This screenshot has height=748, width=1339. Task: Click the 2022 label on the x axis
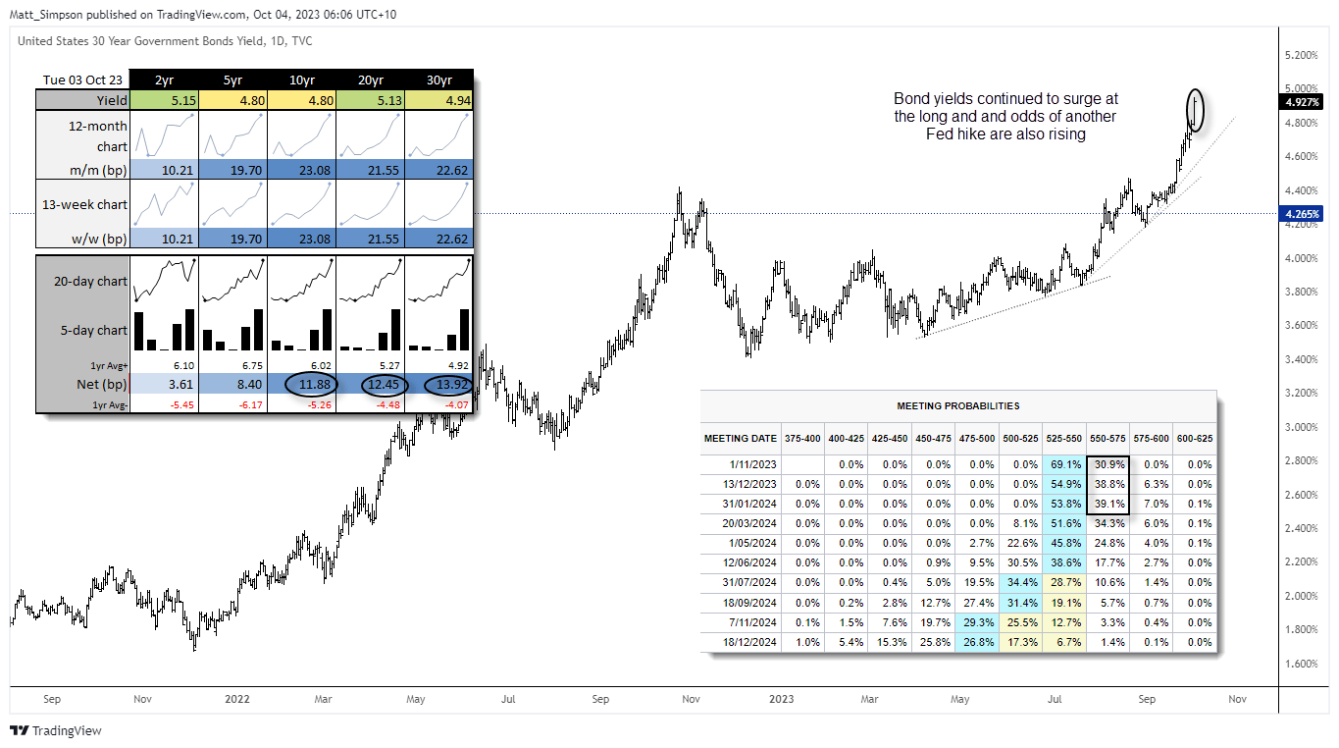[236, 700]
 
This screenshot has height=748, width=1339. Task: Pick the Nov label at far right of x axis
[1237, 700]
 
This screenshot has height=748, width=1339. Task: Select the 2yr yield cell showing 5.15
[164, 99]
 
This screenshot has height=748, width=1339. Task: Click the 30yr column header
[438, 80]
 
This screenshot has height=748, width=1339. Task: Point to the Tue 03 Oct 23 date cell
[82, 80]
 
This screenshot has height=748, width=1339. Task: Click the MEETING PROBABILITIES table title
[957, 405]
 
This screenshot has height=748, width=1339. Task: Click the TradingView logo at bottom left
[56, 730]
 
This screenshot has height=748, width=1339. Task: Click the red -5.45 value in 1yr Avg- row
[164, 403]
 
